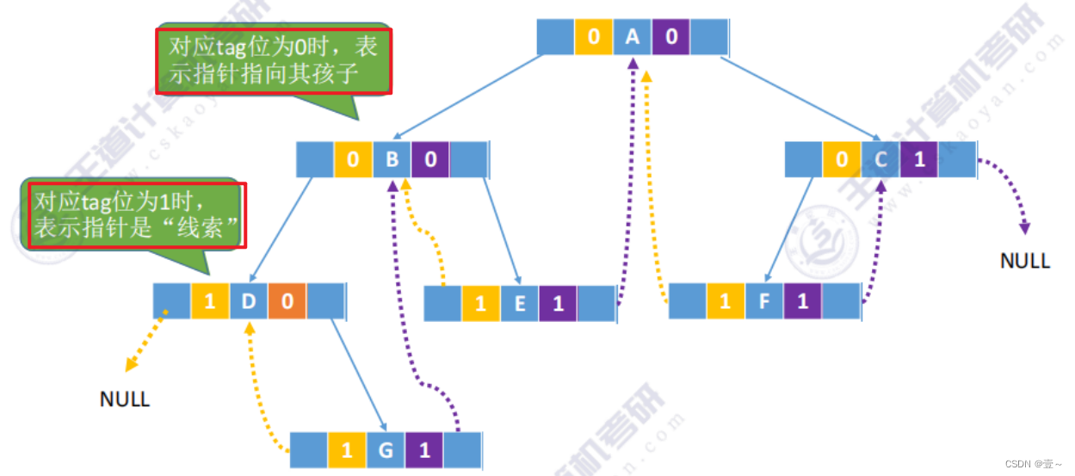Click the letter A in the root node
pos(632,37)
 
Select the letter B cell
pos(392,159)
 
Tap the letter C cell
pos(880,159)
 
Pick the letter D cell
pos(249,301)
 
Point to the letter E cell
pos(519,304)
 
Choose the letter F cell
pos(763,301)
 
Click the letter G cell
pos(385,449)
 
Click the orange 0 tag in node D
pos(287,301)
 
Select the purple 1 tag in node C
pos(919,159)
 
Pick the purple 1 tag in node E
pos(558,304)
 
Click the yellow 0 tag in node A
pos(594,37)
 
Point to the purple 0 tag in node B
pos(429,159)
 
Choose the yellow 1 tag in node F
pos(726,301)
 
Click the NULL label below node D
pos(125,399)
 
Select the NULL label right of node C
pos(1025,260)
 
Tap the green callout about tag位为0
pos(273,61)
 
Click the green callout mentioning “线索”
pos(136,215)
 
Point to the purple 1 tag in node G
pos(423,449)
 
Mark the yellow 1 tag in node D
pos(210,301)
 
